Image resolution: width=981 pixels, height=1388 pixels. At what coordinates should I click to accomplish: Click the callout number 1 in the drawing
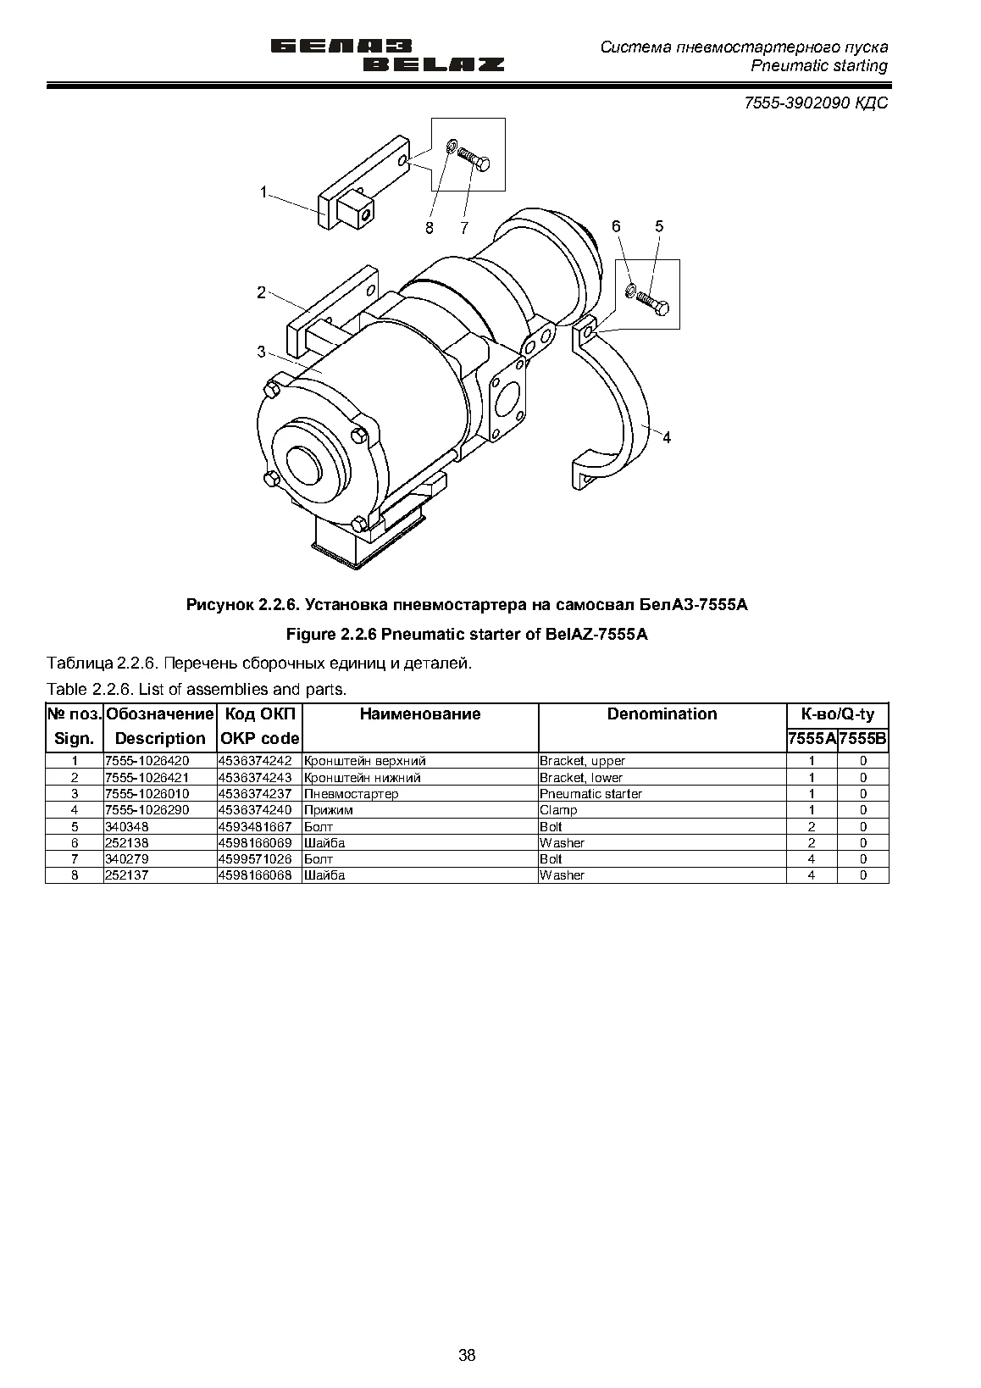263,192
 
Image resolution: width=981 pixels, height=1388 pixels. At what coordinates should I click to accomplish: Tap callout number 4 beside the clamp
667,438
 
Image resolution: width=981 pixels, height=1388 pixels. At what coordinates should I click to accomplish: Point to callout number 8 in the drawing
430,228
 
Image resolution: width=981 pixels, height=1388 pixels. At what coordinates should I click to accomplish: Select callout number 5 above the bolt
659,226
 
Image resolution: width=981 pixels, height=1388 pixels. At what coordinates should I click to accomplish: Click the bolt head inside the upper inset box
483,164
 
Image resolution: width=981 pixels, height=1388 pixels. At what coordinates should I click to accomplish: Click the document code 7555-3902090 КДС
816,103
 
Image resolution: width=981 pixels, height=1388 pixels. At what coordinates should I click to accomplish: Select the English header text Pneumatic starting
818,66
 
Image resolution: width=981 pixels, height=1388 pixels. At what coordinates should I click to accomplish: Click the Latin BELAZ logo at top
433,64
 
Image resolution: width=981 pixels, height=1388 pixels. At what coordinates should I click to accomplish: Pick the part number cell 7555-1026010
147,794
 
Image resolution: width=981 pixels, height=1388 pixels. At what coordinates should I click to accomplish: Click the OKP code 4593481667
254,826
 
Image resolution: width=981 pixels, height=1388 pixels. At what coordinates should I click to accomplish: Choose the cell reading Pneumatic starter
590,794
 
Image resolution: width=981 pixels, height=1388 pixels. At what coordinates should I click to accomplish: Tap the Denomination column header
662,713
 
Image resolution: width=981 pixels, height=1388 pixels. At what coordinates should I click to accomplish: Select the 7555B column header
862,739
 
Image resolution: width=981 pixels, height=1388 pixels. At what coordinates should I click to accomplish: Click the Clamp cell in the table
558,810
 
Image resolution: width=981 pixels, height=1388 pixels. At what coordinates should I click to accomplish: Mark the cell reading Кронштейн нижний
363,778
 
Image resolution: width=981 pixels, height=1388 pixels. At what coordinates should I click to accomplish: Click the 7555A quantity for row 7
812,859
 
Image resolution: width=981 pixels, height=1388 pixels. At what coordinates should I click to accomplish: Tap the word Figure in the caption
311,635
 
